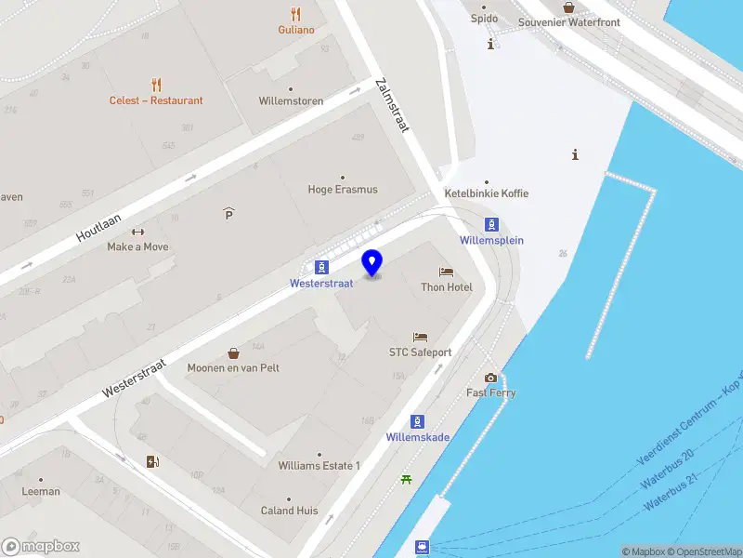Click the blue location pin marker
(372, 263)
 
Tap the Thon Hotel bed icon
(447, 272)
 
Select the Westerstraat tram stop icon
(320, 267)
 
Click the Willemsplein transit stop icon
(491, 224)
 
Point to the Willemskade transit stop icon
(418, 421)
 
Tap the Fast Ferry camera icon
(490, 378)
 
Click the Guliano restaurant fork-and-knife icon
(296, 14)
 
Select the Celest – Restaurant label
(156, 100)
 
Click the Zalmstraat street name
(392, 104)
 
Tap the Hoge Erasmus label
(343, 190)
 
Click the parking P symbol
(228, 215)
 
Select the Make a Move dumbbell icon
(137, 232)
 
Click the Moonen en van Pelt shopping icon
(233, 353)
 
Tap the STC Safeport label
(420, 352)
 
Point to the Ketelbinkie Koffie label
(487, 193)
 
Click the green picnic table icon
(406, 480)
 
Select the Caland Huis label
(289, 511)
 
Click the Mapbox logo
(40, 547)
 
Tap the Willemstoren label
(291, 100)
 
